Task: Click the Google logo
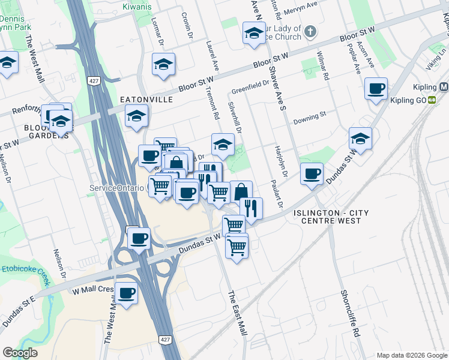[20, 353]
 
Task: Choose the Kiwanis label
[137, 7]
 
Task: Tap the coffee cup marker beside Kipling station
[376, 89]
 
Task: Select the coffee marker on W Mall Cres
[126, 294]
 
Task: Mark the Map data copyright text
[410, 355]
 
